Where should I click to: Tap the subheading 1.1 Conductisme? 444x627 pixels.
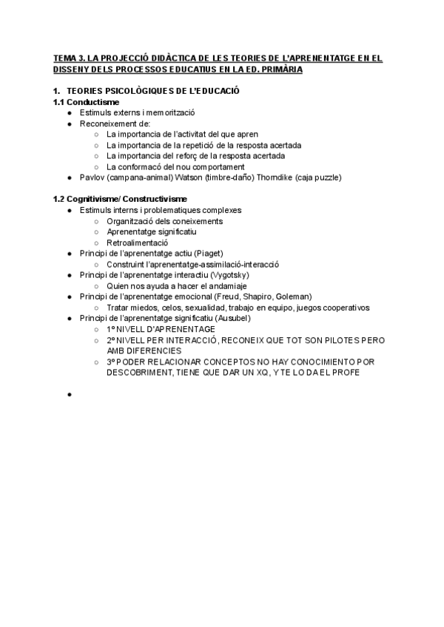tap(87, 101)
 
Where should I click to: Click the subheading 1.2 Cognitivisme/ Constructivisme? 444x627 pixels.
tap(120, 199)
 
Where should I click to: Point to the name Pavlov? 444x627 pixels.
tap(91, 177)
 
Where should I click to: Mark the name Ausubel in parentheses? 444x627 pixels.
tap(230, 318)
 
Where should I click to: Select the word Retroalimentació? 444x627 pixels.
tap(138, 242)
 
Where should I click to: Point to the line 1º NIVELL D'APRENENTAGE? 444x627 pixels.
tap(161, 328)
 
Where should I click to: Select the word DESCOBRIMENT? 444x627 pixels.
tap(140, 373)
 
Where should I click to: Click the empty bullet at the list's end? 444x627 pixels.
tap(69, 395)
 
